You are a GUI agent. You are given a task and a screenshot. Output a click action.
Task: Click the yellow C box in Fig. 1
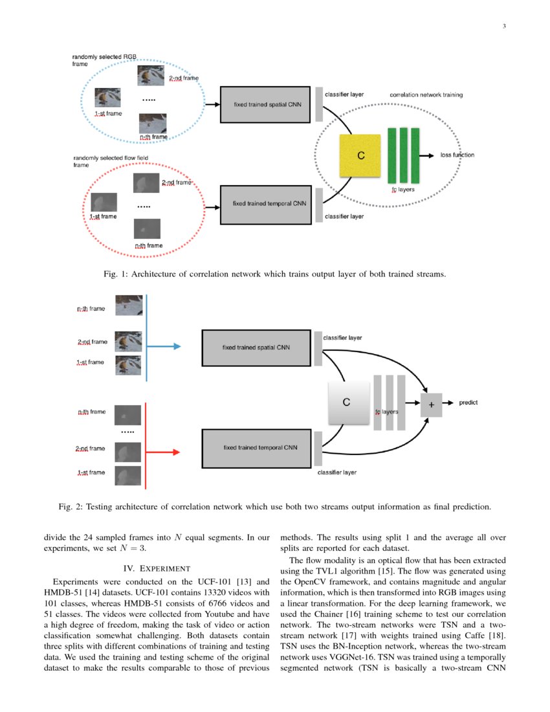click(x=361, y=155)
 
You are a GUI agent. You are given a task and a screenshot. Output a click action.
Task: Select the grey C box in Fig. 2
click(x=346, y=403)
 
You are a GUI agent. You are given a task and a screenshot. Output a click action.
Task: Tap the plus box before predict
click(x=431, y=404)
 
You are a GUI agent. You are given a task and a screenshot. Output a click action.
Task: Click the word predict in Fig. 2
click(x=468, y=403)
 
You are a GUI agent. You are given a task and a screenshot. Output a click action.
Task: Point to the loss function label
click(x=457, y=155)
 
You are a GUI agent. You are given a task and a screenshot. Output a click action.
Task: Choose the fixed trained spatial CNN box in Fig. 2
click(x=257, y=348)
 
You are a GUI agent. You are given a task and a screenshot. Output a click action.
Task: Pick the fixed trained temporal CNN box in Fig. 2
click(x=257, y=447)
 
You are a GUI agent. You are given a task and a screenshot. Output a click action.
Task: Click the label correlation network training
click(x=426, y=95)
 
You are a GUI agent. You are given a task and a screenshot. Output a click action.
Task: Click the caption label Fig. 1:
click(x=116, y=274)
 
